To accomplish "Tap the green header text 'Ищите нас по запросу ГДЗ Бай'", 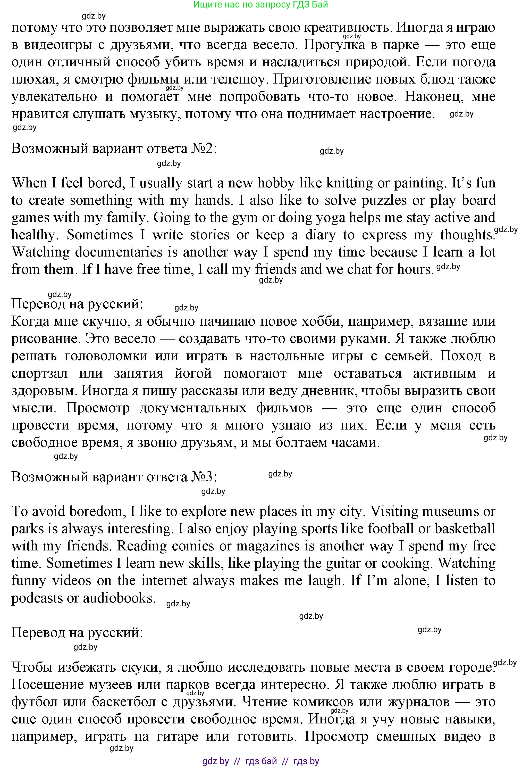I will (x=260, y=5).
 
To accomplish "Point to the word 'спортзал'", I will (x=40, y=373).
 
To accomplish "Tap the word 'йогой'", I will (x=193, y=373).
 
